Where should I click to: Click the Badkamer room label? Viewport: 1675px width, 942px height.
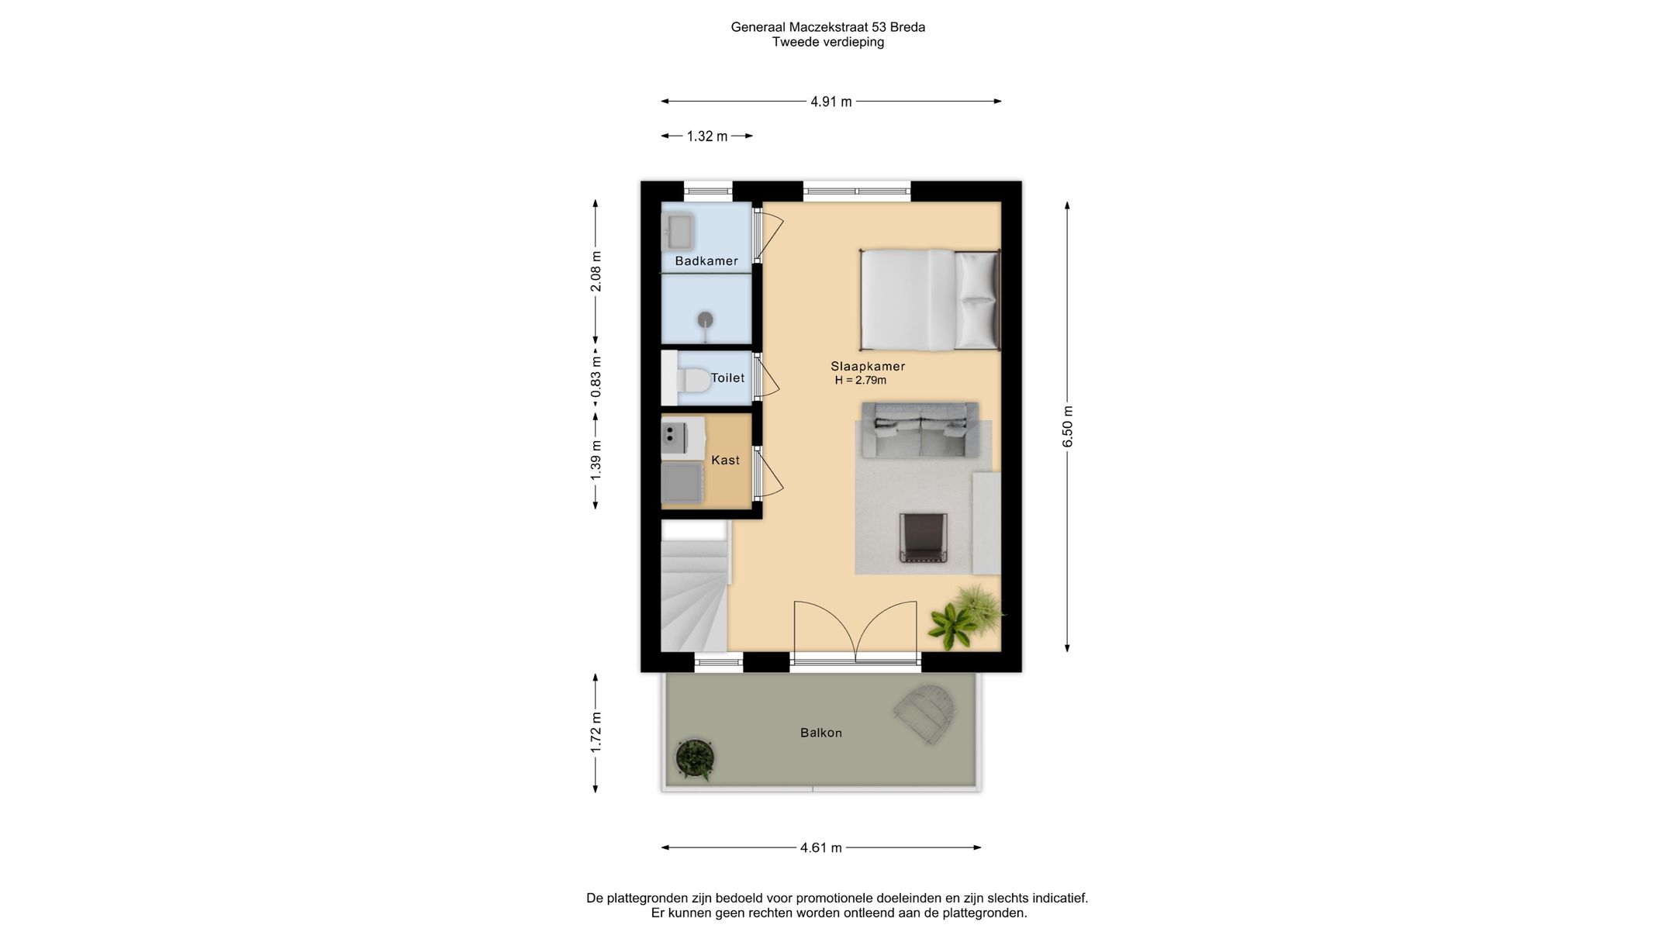click(706, 261)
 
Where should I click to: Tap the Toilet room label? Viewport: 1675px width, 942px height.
click(727, 378)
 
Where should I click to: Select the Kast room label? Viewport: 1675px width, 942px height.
click(725, 461)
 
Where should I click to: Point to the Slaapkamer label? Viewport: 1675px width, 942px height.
click(868, 367)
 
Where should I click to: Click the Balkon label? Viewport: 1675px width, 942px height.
click(821, 733)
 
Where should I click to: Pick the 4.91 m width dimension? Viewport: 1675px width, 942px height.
click(831, 102)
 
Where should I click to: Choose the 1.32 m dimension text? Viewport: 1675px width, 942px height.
click(707, 136)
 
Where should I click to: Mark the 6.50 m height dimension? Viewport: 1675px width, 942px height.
click(1068, 426)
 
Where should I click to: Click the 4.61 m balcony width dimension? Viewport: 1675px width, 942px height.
click(821, 848)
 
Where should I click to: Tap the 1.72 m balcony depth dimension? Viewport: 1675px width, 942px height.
click(596, 733)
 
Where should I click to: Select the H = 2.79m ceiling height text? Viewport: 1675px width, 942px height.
click(861, 381)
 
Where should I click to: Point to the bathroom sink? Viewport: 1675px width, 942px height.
click(678, 231)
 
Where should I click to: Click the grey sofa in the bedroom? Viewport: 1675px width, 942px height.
click(920, 430)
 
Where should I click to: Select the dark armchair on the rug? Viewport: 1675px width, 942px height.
click(924, 537)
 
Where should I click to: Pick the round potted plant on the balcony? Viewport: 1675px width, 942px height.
click(695, 759)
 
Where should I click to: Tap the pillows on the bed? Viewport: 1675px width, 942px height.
click(976, 300)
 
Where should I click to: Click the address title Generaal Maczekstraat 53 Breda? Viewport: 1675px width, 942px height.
click(828, 27)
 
